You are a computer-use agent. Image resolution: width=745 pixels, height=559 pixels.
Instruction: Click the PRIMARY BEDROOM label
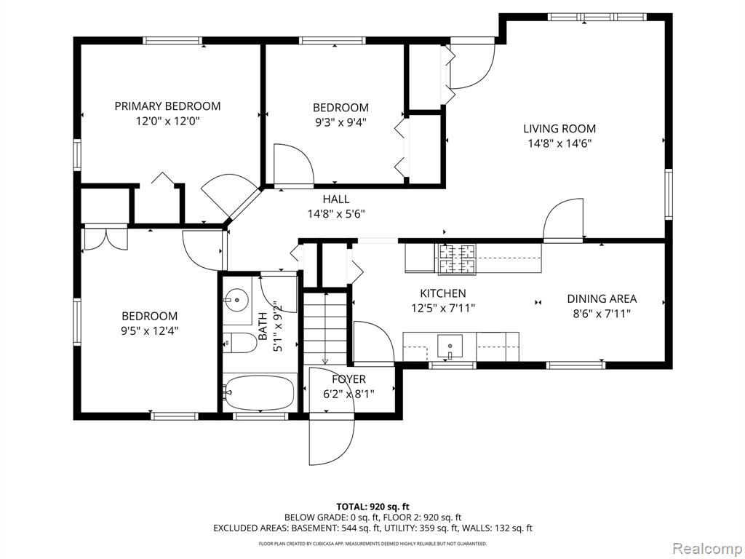(167, 106)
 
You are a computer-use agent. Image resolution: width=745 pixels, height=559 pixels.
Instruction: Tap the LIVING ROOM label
(559, 128)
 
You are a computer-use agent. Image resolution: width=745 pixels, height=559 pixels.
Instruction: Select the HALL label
(336, 199)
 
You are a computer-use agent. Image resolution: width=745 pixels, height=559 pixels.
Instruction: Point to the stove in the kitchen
(457, 260)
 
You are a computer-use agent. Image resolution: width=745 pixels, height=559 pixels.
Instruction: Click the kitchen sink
(450, 347)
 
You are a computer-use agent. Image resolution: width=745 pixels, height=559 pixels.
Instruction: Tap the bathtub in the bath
(259, 392)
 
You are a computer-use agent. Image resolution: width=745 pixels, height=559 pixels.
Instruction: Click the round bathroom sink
(236, 300)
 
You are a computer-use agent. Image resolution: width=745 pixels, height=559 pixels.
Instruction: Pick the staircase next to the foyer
(326, 328)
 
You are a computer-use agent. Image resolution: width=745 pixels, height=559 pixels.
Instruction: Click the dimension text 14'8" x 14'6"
(559, 143)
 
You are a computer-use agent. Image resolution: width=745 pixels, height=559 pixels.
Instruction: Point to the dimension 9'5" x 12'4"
(149, 330)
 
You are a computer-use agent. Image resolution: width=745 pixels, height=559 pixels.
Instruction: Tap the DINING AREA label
(602, 298)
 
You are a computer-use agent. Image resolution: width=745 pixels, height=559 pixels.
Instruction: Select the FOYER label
(348, 378)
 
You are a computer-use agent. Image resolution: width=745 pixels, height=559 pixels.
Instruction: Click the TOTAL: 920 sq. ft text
(372, 507)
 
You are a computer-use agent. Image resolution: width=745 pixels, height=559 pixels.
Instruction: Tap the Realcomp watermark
(707, 549)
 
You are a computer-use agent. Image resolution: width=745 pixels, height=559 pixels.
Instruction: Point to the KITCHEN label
(443, 293)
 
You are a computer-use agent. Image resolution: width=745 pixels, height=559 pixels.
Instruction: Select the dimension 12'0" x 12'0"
(167, 121)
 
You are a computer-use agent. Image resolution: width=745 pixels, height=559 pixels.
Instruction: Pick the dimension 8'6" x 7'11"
(602, 314)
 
